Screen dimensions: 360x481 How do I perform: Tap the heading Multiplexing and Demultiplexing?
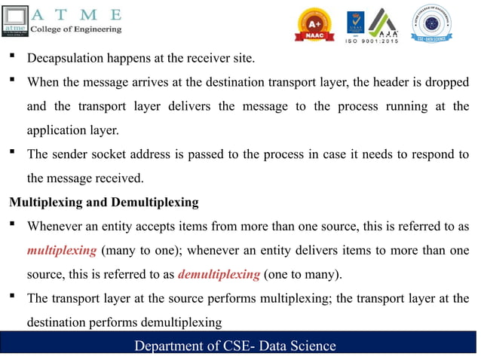[103, 202]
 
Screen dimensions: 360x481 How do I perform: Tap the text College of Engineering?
[75, 29]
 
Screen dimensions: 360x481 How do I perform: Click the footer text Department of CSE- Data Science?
[234, 346]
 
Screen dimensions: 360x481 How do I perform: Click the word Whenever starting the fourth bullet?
[57, 226]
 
